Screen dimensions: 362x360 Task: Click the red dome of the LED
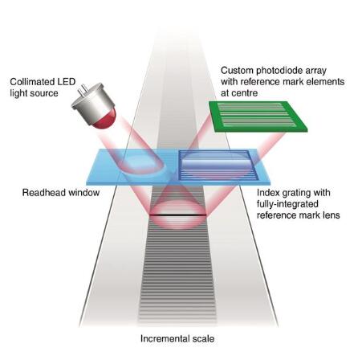pyautogui.click(x=106, y=120)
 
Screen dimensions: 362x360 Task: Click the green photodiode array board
pyautogui.click(x=258, y=117)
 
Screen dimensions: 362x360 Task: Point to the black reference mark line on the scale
pyautogui.click(x=177, y=215)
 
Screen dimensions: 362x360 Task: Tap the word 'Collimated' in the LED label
pyautogui.click(x=30, y=82)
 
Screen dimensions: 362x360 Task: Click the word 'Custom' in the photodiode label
pyautogui.click(x=237, y=71)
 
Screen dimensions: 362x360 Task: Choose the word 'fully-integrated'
pyautogui.click(x=287, y=204)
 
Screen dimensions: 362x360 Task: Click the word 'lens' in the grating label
pyautogui.click(x=331, y=215)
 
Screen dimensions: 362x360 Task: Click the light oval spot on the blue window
pyautogui.click(x=141, y=162)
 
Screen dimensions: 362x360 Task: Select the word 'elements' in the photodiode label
pyautogui.click(x=325, y=82)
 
